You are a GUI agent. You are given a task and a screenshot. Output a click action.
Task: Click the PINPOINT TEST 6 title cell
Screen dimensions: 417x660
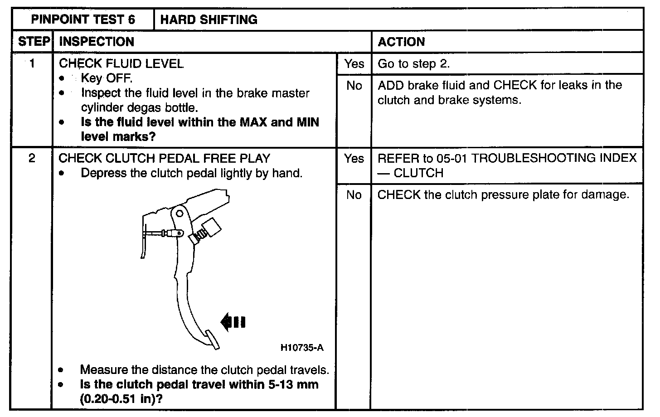(82, 19)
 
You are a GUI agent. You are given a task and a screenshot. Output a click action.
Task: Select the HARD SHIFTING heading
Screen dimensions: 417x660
(209, 19)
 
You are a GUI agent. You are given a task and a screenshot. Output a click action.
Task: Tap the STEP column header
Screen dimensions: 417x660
(34, 42)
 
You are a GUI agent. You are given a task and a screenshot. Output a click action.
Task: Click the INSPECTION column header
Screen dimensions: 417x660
(97, 42)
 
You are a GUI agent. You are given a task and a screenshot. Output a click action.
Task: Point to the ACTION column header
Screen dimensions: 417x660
(401, 42)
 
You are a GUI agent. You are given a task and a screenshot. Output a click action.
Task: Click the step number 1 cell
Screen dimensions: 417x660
(32, 63)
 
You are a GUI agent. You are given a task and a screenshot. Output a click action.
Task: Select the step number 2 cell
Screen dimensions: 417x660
(32, 159)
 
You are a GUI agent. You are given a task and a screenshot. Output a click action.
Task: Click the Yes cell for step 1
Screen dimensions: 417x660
(354, 63)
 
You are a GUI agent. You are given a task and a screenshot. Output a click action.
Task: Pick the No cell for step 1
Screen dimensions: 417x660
(354, 86)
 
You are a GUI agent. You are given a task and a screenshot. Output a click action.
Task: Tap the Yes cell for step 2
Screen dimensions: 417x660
(354, 159)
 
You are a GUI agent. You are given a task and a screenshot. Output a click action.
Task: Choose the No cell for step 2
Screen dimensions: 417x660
(354, 195)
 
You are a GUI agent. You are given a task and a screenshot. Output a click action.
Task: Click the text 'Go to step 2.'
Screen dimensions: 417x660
(413, 63)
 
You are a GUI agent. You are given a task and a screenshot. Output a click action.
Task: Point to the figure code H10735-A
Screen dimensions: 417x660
(302, 348)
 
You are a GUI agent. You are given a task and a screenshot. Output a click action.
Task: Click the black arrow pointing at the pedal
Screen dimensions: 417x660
(233, 322)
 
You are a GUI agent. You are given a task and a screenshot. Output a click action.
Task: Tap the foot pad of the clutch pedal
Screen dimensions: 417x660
(212, 339)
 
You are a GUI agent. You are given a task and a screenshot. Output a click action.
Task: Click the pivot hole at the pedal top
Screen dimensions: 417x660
(180, 212)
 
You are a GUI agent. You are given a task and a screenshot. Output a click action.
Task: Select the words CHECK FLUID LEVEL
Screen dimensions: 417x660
(121, 63)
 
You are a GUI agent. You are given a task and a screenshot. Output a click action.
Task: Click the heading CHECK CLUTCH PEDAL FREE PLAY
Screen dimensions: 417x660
(165, 159)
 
